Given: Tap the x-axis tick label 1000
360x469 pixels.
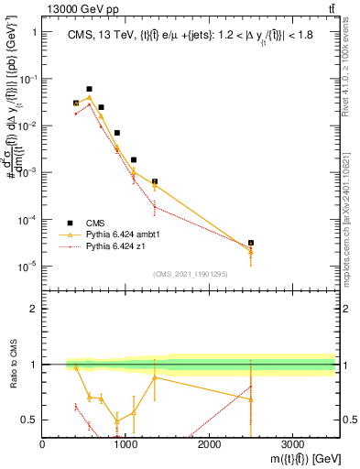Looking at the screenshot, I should point(125,445).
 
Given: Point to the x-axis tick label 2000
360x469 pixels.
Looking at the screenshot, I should point(209,445).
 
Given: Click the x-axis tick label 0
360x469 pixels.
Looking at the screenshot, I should point(43,445).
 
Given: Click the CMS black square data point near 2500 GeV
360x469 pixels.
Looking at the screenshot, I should point(251,243).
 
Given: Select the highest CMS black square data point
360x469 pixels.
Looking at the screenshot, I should point(89,90).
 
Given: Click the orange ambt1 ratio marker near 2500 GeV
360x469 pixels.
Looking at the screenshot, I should point(251,399).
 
